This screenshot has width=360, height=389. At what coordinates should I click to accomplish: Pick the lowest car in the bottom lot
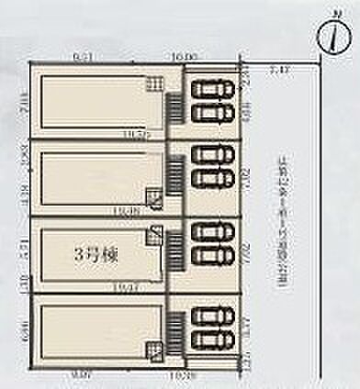[213, 340]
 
